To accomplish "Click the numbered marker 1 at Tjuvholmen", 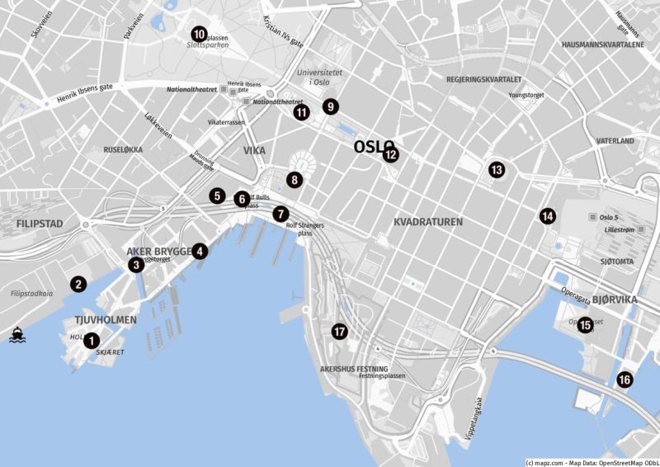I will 92,340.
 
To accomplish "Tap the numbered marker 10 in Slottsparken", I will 199,34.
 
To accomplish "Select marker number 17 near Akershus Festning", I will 339,332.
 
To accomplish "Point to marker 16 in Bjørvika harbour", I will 625,380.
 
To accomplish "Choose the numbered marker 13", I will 497,169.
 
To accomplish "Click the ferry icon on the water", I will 16,335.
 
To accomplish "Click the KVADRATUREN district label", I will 428,222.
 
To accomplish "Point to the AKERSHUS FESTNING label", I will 354,369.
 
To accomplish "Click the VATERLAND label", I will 615,141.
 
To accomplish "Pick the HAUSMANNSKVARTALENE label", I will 602,45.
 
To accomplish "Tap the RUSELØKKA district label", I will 123,149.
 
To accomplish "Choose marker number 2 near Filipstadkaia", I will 78,284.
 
